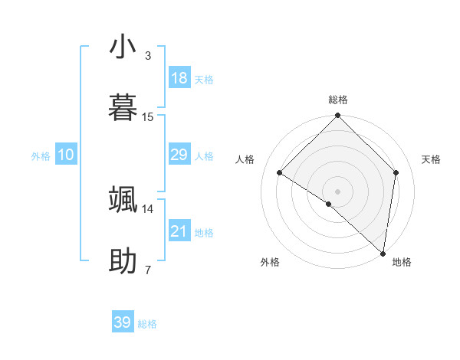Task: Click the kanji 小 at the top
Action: [123, 47]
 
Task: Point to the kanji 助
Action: [123, 260]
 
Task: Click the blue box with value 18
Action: [179, 78]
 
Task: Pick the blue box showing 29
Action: [179, 155]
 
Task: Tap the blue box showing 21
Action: [179, 231]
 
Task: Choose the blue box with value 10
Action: [65, 155]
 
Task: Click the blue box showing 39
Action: [123, 322]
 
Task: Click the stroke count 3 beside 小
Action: [148, 56]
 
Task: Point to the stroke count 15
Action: [148, 116]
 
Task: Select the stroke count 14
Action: [148, 208]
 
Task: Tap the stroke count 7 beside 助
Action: [148, 270]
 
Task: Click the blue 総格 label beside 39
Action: [147, 324]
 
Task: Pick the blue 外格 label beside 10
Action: [41, 156]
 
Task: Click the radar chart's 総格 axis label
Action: [337, 100]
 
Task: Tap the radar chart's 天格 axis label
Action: [432, 159]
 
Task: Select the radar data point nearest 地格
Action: [383, 254]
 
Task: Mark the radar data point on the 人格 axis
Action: [280, 173]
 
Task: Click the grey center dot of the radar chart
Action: [337, 191]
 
